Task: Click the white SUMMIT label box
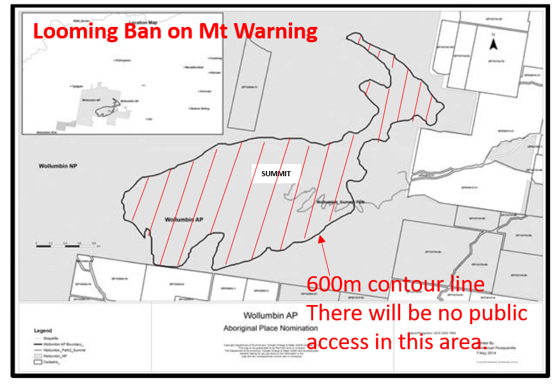(x=276, y=173)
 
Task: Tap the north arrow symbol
(x=493, y=43)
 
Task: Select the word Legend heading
(x=42, y=330)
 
